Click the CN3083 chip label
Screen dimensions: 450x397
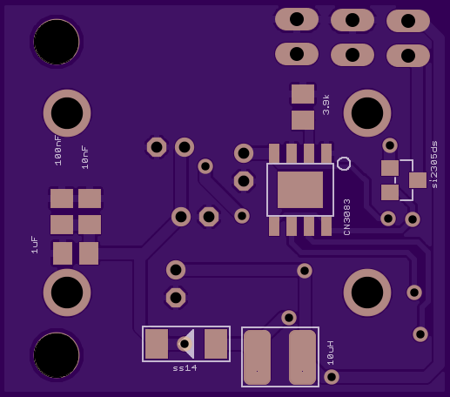click(347, 217)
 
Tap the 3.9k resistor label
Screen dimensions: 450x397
click(326, 104)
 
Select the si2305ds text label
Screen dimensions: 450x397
click(434, 165)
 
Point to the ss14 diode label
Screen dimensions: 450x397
click(185, 368)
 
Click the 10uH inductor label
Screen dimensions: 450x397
click(331, 353)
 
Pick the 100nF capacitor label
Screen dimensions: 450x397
click(58, 151)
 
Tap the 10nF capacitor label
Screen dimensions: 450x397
click(85, 158)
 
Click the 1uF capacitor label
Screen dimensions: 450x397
click(35, 245)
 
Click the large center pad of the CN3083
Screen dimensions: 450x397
click(300, 190)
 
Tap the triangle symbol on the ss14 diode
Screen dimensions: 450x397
click(190, 344)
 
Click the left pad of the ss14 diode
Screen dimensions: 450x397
click(157, 344)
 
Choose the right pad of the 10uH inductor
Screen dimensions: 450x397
click(302, 357)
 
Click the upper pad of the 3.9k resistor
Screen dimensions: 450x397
click(303, 94)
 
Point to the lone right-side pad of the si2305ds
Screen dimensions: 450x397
click(418, 180)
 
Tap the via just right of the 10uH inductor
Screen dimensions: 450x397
click(332, 377)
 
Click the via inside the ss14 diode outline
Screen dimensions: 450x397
click(185, 344)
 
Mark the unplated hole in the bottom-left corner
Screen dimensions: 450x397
click(57, 355)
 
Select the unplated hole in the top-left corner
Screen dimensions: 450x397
click(57, 42)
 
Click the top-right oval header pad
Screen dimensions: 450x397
click(408, 21)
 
